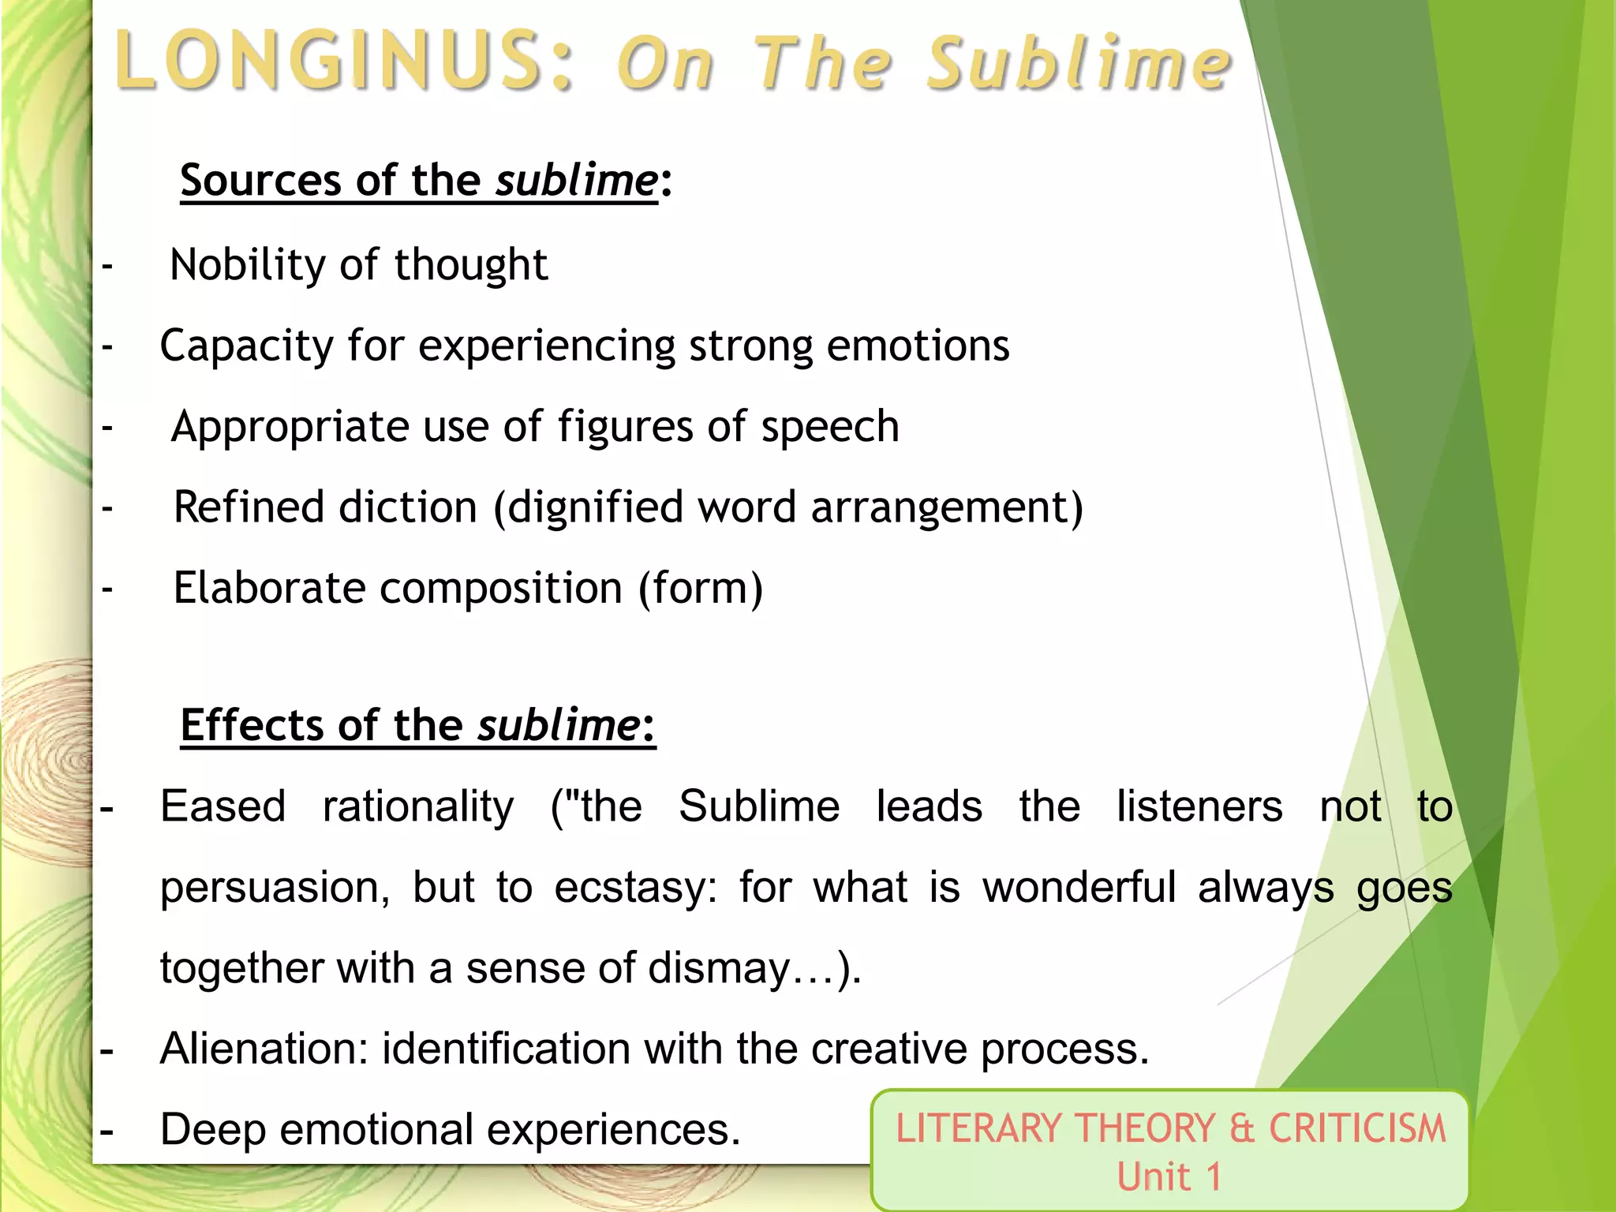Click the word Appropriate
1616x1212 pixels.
pyautogui.click(x=290, y=427)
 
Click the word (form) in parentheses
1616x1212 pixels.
pyautogui.click(x=701, y=588)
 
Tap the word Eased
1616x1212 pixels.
pyautogui.click(x=223, y=806)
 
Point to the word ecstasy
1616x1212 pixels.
pyautogui.click(x=635, y=888)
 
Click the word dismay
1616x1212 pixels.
pyautogui.click(x=718, y=968)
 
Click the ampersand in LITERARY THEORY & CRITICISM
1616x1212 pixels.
pyautogui.click(x=1241, y=1128)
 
